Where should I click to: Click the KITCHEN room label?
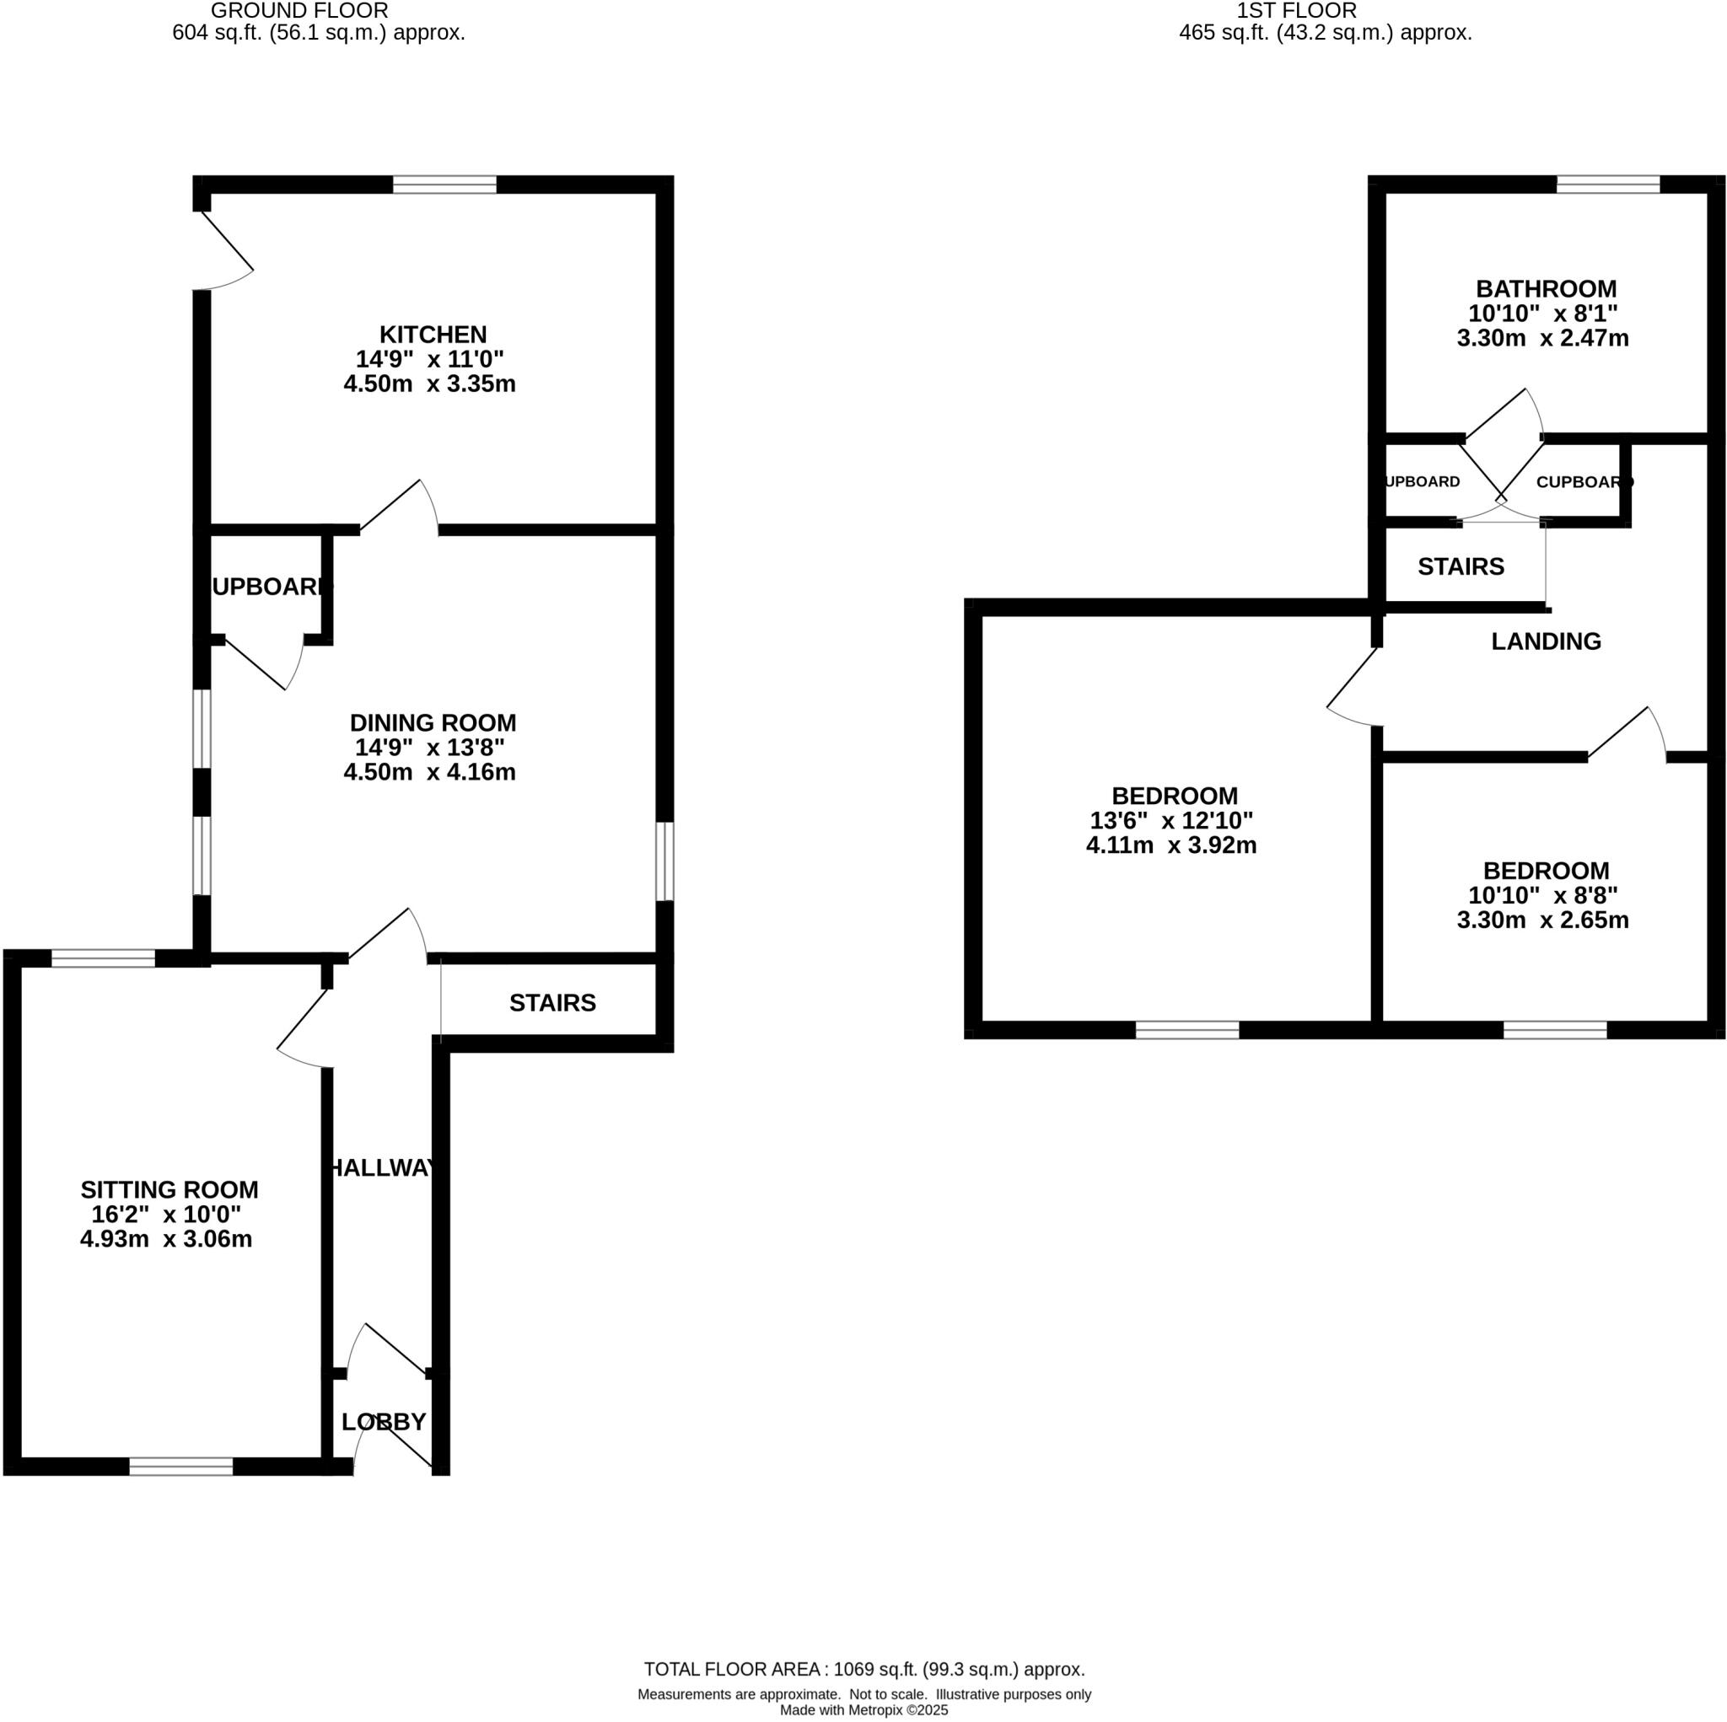tap(433, 335)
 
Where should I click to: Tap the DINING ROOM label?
tap(433, 723)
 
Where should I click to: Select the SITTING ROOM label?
tap(169, 1190)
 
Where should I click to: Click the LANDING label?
tap(1546, 641)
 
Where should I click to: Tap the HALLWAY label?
tap(383, 1168)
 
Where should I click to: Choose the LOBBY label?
tap(384, 1422)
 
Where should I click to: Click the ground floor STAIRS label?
tap(552, 1004)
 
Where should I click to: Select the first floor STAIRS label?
tap(1461, 566)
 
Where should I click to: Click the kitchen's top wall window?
tap(444, 185)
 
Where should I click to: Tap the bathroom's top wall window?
tap(1607, 185)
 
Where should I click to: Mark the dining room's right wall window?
tap(664, 861)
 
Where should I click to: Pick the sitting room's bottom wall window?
tap(180, 1467)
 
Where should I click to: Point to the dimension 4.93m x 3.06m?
tap(166, 1239)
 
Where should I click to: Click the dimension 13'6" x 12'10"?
tap(1171, 820)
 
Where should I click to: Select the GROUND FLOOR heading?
tap(299, 12)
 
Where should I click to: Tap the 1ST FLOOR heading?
tap(1296, 12)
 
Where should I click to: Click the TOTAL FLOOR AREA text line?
tap(864, 1669)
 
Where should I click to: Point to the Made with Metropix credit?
tap(864, 1710)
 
